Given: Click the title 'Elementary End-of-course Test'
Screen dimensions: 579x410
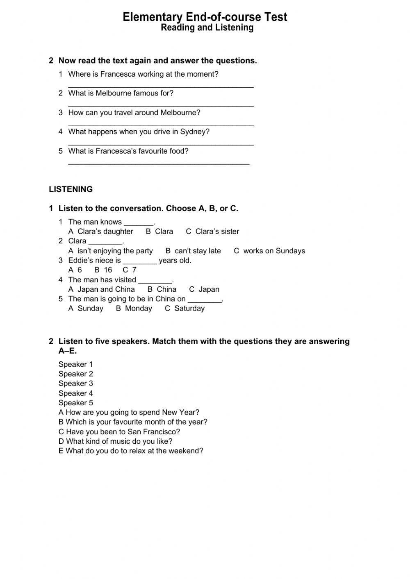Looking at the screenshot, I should [x=205, y=17].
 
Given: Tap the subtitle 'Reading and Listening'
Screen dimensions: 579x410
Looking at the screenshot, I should [x=207, y=28].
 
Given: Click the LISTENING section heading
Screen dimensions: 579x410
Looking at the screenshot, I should [x=71, y=189].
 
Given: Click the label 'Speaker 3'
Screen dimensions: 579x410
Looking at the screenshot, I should [x=76, y=384].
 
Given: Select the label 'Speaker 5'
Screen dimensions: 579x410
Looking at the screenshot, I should [x=76, y=403].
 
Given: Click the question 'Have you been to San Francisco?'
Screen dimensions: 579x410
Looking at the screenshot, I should [x=119, y=432].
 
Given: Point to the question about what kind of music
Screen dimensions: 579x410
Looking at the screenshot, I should [x=116, y=441].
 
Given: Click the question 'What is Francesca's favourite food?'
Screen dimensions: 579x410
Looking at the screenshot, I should [x=128, y=151].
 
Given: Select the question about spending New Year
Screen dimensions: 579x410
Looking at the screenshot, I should [x=129, y=413].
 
